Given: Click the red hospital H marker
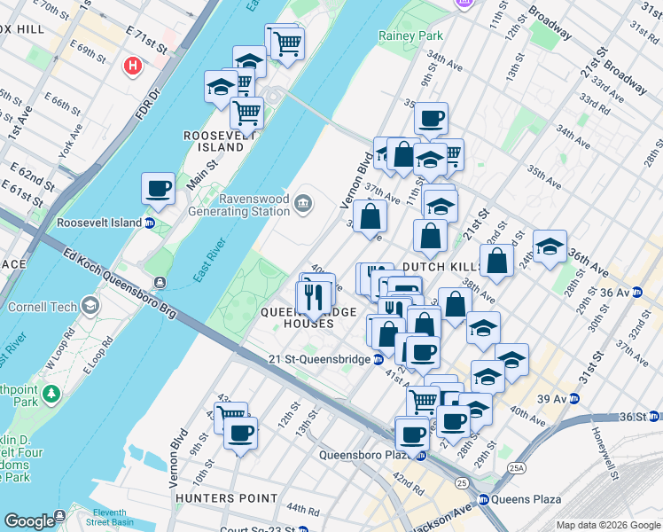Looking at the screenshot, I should point(133,66).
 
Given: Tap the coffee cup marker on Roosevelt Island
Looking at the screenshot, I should point(158,188).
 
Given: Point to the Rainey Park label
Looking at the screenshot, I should point(410,36).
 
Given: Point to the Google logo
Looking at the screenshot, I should point(29,520).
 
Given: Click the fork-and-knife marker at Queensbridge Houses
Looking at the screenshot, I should point(312,297).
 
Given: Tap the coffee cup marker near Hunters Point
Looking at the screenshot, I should point(240,434).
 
